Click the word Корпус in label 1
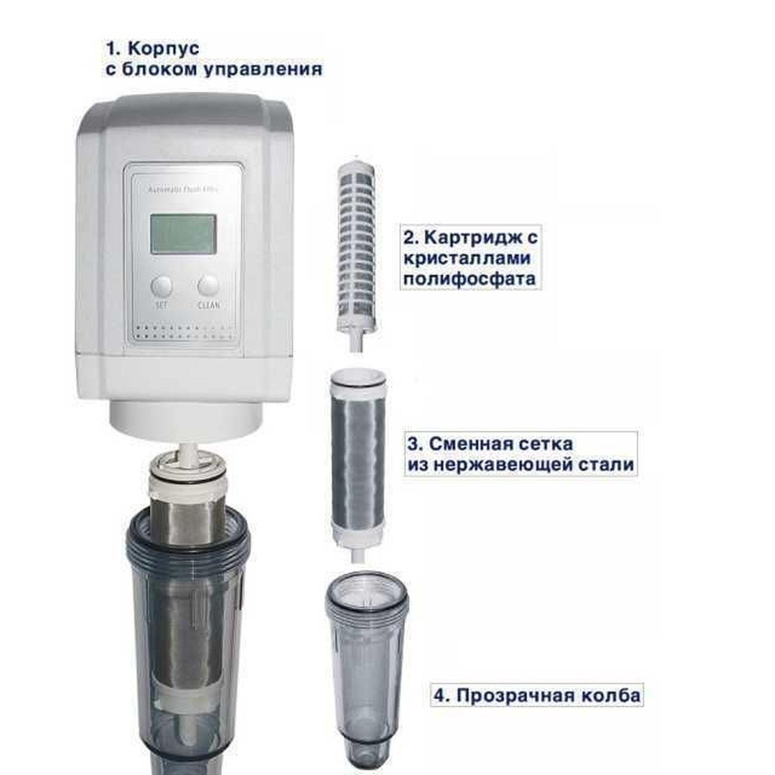pyautogui.click(x=164, y=48)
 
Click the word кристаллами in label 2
pyautogui.click(x=467, y=258)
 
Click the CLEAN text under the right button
pyautogui.click(x=209, y=305)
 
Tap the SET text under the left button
pyautogui.click(x=161, y=305)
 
